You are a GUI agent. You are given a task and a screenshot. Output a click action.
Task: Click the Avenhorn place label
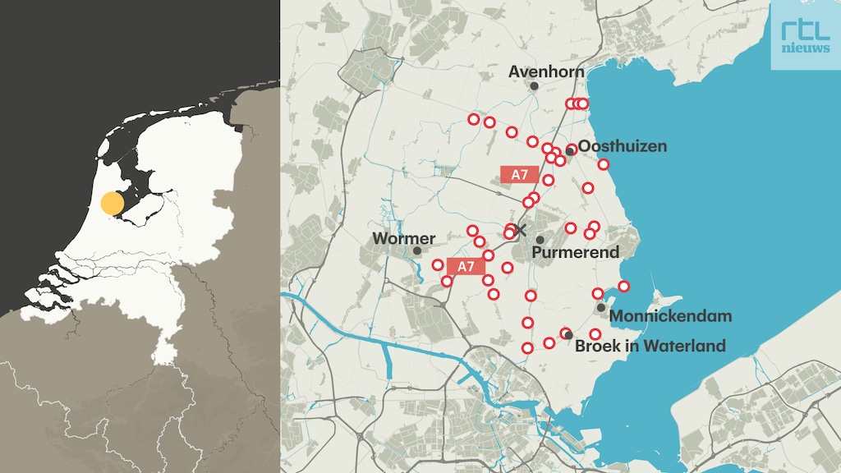coord(546,71)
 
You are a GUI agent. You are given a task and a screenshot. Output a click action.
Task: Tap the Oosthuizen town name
coord(623,146)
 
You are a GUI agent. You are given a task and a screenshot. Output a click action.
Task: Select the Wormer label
coord(403,238)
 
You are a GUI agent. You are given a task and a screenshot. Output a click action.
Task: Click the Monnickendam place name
coord(671,316)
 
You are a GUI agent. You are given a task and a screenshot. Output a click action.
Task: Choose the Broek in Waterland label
coord(650,346)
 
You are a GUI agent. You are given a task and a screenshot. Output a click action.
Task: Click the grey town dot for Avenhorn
coord(534,85)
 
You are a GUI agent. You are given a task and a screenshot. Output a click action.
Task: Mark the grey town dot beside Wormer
coord(417,250)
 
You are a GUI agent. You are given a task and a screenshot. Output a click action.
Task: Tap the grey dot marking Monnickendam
coord(601,308)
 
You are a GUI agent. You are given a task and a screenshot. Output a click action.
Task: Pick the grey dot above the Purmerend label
coord(540,240)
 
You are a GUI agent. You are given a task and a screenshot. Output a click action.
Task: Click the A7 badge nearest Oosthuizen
coord(519,174)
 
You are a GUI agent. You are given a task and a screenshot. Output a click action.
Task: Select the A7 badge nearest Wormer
coord(466,266)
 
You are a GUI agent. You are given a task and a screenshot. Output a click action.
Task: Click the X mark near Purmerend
coord(519,229)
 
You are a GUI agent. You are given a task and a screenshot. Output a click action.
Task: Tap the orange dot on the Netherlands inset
coord(113,203)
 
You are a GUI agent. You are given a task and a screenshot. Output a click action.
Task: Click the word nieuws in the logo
coord(805,48)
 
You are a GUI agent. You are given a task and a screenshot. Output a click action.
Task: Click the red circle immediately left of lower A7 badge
coord(438,264)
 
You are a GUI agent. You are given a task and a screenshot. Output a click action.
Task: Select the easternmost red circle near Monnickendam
coord(624,286)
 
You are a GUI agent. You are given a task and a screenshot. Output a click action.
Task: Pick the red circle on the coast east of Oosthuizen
coord(604,164)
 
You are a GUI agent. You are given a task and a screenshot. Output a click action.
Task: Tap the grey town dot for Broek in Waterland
coord(568,336)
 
